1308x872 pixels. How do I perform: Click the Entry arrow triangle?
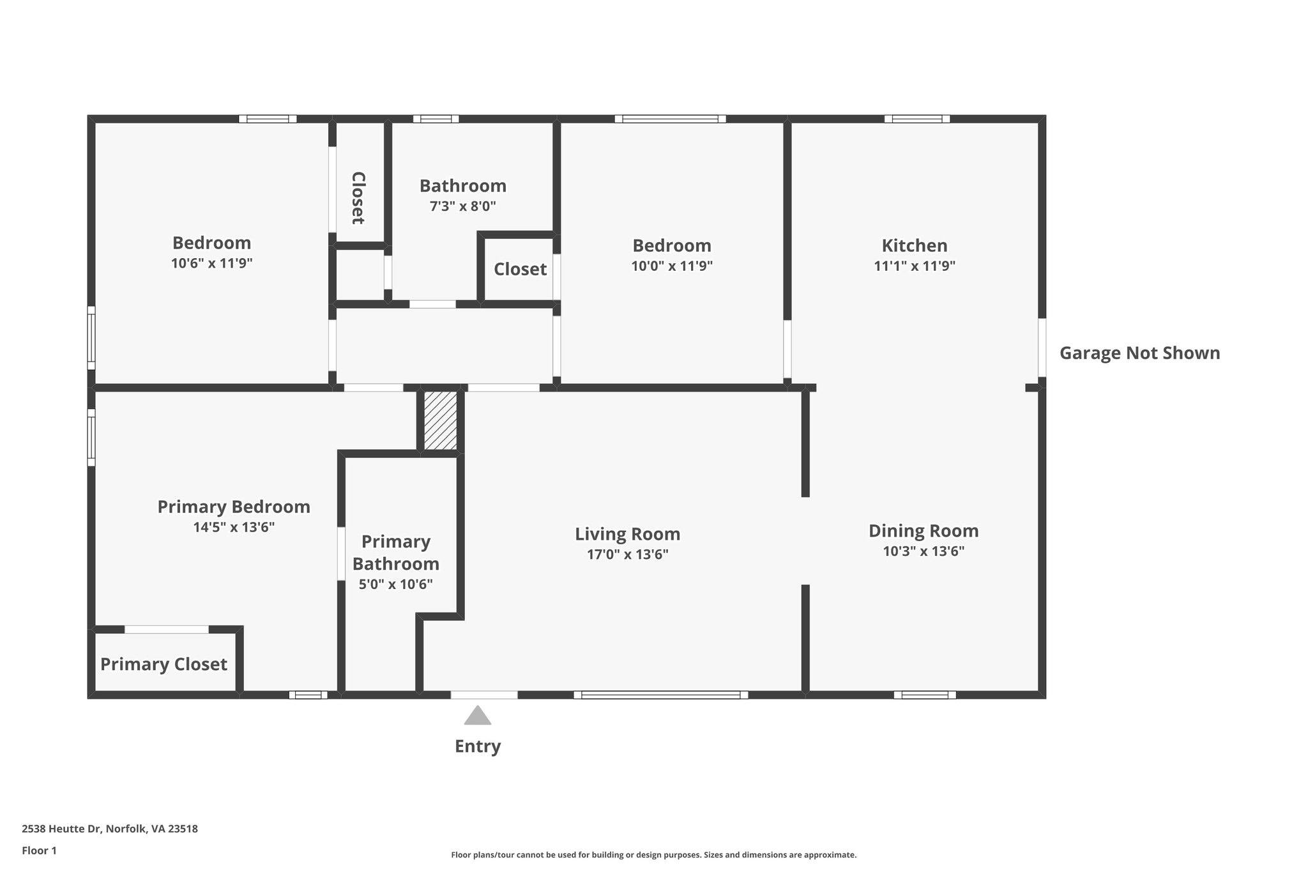[x=477, y=716]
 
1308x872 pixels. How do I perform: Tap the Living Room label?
[x=627, y=534]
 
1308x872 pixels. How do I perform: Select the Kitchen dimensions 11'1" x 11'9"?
[x=914, y=266]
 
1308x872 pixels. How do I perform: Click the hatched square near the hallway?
[x=441, y=420]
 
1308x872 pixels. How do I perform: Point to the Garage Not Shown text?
[x=1139, y=353]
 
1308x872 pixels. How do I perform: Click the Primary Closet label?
[x=163, y=664]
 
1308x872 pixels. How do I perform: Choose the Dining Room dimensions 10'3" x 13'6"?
[x=923, y=551]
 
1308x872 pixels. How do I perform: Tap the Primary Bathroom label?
[x=395, y=553]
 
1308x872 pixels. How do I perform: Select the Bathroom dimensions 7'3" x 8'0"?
[x=462, y=206]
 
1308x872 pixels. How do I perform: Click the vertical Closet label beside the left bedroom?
[x=358, y=198]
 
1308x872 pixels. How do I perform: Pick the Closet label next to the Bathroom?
[x=520, y=270]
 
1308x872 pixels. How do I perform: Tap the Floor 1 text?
[x=39, y=850]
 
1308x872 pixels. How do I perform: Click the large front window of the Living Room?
[x=660, y=695]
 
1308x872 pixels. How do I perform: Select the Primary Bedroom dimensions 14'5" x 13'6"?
[x=234, y=528]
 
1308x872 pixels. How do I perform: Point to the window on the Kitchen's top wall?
[x=916, y=119]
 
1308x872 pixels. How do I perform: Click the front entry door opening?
[x=484, y=695]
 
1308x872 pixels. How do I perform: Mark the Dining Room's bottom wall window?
[x=924, y=695]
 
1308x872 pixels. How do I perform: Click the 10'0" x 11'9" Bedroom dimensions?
[x=671, y=266]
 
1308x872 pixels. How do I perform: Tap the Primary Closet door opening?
[x=166, y=629]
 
